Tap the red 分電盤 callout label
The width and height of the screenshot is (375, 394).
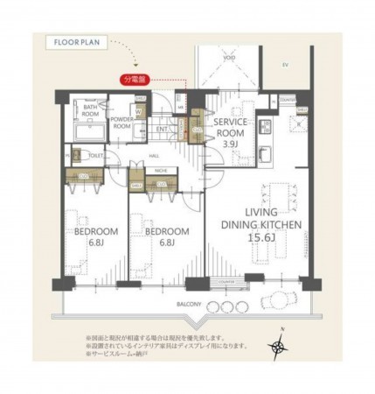[x=136, y=78]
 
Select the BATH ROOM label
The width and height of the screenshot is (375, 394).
[x=92, y=109]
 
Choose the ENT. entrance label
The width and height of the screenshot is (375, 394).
[x=162, y=130]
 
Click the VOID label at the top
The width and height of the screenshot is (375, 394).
[x=228, y=58]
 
